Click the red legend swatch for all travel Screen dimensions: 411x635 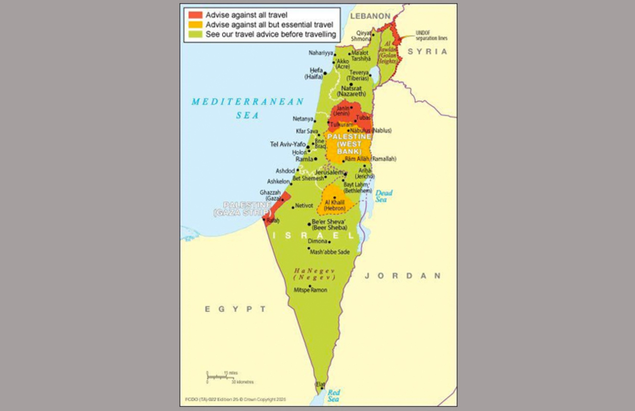195,15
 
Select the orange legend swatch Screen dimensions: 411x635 195,24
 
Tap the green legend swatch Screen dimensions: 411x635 195,34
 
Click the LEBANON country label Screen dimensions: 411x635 370,16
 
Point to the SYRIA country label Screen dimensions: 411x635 427,52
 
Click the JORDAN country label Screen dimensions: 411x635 402,276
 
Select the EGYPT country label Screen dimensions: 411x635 235,309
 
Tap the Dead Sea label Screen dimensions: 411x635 383,196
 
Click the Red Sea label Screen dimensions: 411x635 333,396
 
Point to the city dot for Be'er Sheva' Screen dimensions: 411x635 309,224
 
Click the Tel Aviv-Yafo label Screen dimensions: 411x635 288,144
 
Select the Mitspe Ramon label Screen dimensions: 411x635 310,290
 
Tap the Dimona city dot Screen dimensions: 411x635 329,242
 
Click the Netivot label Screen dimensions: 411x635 304,205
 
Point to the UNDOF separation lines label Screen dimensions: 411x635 431,35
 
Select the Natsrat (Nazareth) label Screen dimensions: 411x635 351,91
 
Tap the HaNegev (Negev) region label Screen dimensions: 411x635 314,274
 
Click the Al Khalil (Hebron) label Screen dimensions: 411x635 335,205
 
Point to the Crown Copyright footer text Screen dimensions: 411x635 235,399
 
